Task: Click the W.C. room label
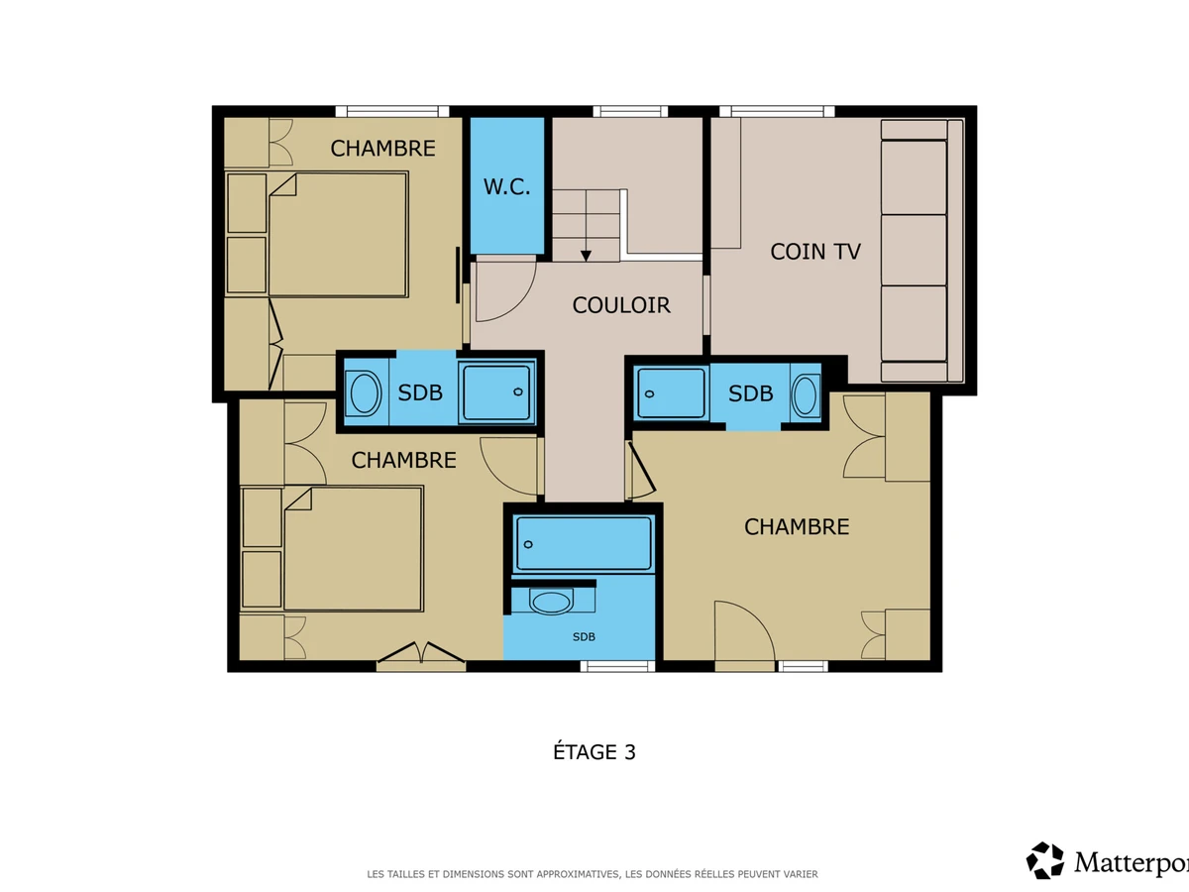pyautogui.click(x=506, y=187)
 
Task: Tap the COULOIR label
pyautogui.click(x=621, y=305)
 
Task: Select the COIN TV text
pyautogui.click(x=815, y=252)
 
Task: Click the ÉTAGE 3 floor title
pyautogui.click(x=594, y=751)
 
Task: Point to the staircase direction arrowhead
pyautogui.click(x=586, y=256)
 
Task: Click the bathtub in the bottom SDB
pyautogui.click(x=584, y=544)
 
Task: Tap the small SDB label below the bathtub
pyautogui.click(x=584, y=637)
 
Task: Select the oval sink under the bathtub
pyautogui.click(x=551, y=602)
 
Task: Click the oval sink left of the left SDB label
pyautogui.click(x=365, y=392)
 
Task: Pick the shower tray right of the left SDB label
pyautogui.click(x=496, y=392)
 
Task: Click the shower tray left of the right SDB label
pyautogui.click(x=671, y=392)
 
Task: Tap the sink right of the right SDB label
pyautogui.click(x=805, y=395)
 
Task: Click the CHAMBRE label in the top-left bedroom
pyautogui.click(x=383, y=149)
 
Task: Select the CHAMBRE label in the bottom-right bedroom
pyautogui.click(x=797, y=527)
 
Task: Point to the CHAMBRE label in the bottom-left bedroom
pyautogui.click(x=403, y=460)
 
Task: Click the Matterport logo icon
pyautogui.click(x=1045, y=860)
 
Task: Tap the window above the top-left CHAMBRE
pyautogui.click(x=392, y=112)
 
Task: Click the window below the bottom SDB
pyautogui.click(x=617, y=666)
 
